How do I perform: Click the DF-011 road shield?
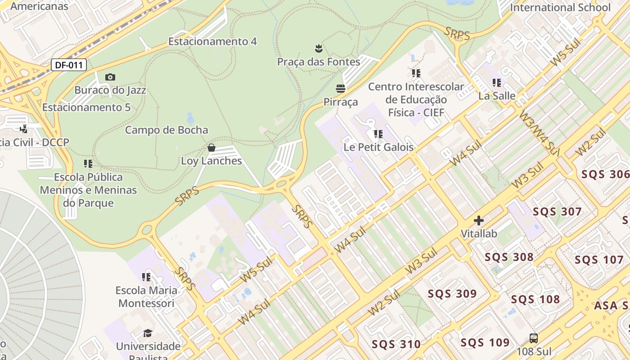click(69, 65)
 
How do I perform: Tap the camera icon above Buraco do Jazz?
click(110, 77)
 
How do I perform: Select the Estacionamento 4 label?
click(212, 41)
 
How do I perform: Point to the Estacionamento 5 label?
click(86, 108)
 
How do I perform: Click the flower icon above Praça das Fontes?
click(319, 48)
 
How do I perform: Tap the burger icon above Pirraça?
click(341, 88)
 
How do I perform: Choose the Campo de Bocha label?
click(166, 130)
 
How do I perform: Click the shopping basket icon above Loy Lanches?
click(211, 148)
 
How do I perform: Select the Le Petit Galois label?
click(378, 147)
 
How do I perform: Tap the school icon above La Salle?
click(497, 83)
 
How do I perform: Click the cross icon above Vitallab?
click(479, 220)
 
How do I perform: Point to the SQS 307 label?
click(557, 211)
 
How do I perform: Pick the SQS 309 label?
click(452, 294)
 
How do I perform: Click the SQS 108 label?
click(535, 300)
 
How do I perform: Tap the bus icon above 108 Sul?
click(534, 338)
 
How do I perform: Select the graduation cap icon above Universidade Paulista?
click(148, 333)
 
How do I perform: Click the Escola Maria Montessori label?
click(146, 297)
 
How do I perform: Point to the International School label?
click(560, 8)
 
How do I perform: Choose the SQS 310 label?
click(396, 345)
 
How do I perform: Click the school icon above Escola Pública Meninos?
click(88, 164)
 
